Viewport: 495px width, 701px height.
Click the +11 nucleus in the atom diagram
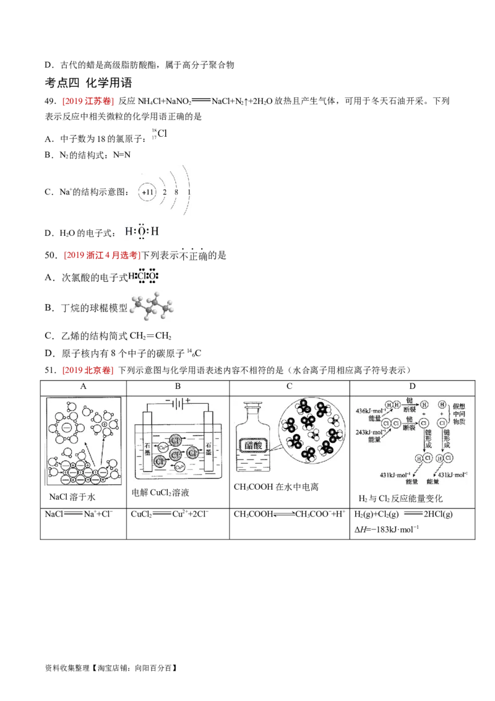click(x=147, y=193)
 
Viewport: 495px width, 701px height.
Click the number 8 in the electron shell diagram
click(x=177, y=193)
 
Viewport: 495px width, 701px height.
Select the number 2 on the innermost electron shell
click(x=165, y=193)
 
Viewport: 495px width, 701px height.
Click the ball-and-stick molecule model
click(x=152, y=305)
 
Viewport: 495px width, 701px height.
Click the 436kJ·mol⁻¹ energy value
click(x=369, y=411)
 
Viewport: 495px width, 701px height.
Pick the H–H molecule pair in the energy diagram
click(x=393, y=405)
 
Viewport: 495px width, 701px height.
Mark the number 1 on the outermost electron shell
click(x=189, y=193)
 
